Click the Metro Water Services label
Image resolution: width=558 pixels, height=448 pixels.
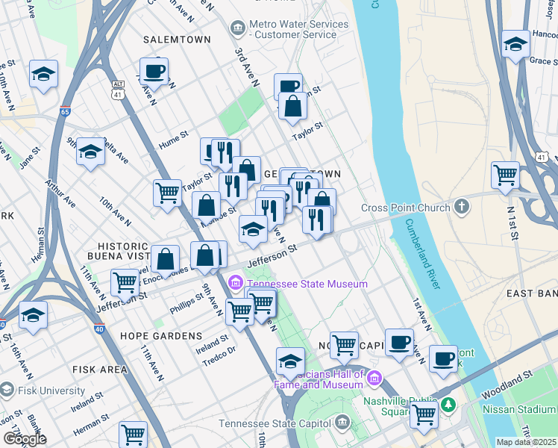299,29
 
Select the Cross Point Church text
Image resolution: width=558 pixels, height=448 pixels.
405,208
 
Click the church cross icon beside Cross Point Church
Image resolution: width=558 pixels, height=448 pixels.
462,207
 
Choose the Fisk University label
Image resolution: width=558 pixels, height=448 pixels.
52,391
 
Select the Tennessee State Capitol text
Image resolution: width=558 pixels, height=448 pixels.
275,423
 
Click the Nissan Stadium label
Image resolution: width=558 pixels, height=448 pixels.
519,408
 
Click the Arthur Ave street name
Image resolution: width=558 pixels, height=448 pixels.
60,193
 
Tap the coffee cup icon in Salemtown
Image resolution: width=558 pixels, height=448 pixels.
154,72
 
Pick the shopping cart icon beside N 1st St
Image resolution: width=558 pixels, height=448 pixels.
505,175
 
